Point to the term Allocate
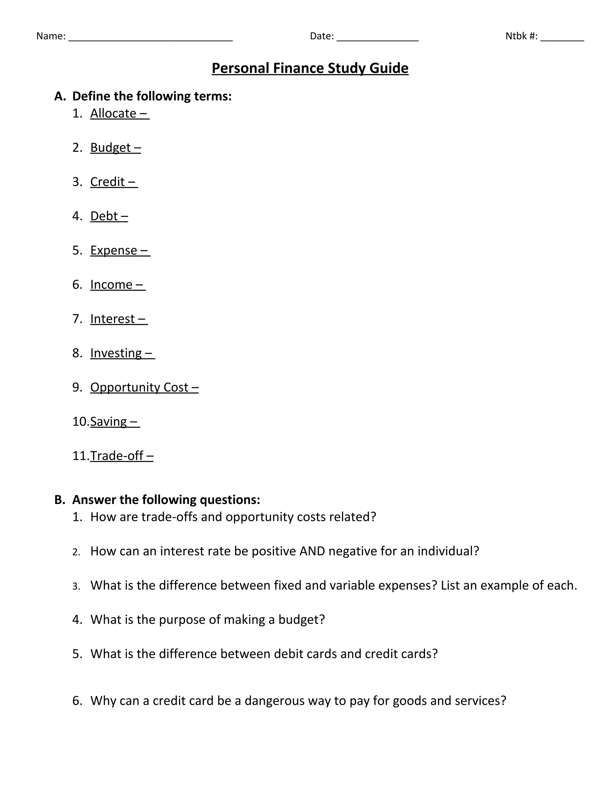pos(113,113)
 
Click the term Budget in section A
pos(110,148)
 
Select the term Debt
pos(104,216)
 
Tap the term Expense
pos(114,250)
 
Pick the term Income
pos(111,284)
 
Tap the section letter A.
pos(59,96)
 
